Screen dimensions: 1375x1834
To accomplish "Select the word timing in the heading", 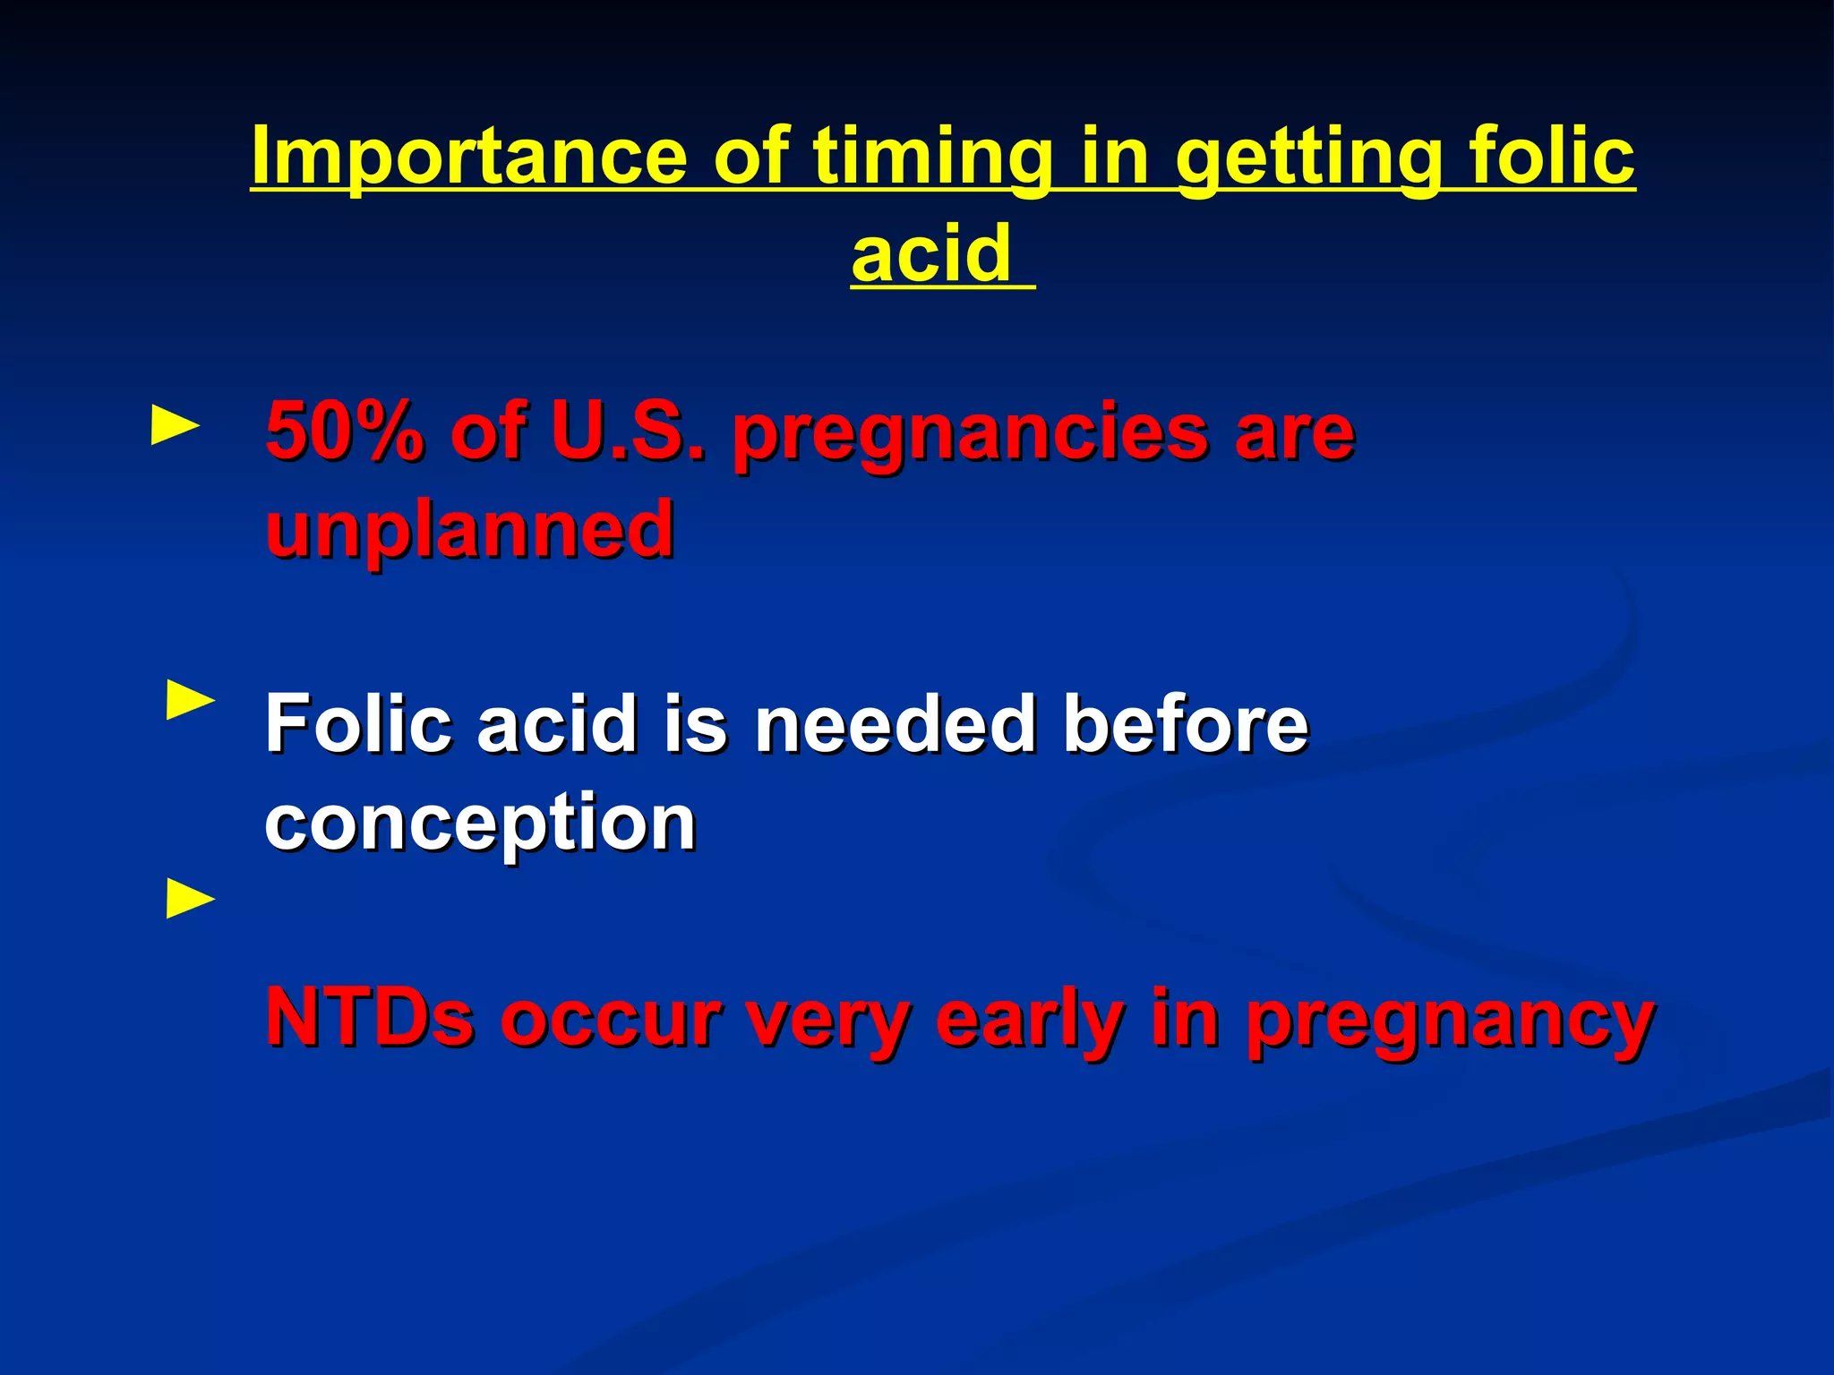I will click(x=932, y=157).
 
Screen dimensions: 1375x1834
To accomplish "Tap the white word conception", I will click(x=481, y=824).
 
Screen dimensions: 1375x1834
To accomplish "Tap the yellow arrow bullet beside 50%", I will click(x=176, y=426).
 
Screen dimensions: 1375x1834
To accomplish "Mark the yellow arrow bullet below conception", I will click(x=191, y=900).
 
